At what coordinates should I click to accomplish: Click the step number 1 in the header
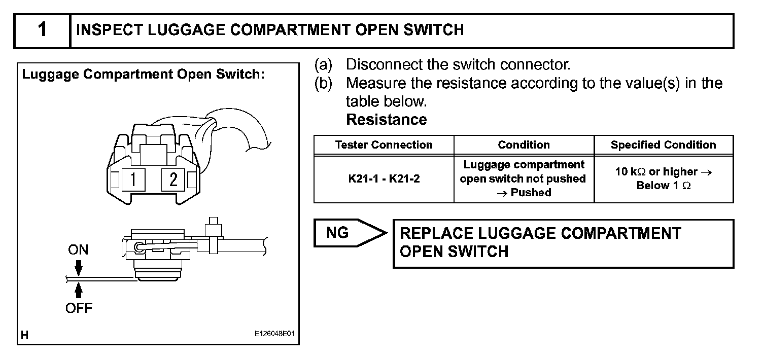click(42, 30)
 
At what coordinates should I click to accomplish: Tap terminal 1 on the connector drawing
click(133, 179)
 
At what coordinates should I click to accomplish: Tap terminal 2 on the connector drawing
click(173, 179)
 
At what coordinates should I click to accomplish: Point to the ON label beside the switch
click(78, 249)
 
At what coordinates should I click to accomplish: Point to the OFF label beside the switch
click(79, 308)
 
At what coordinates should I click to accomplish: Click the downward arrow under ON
click(78, 267)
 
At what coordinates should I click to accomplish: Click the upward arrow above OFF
click(78, 291)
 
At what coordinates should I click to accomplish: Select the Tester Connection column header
click(384, 145)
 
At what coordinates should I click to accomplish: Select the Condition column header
click(524, 145)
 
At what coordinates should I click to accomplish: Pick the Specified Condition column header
click(663, 145)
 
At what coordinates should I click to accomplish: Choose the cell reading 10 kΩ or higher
click(663, 178)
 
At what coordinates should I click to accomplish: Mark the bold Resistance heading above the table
click(386, 120)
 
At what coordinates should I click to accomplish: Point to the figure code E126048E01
click(274, 335)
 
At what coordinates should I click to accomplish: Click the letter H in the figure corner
click(24, 335)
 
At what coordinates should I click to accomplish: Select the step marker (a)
click(323, 65)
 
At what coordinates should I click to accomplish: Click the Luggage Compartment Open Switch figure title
click(143, 75)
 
